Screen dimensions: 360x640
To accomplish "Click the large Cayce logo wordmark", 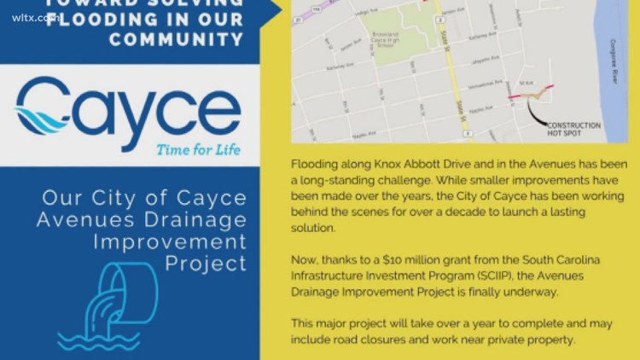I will (x=128, y=108).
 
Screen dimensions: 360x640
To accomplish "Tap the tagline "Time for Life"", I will (x=197, y=151).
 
